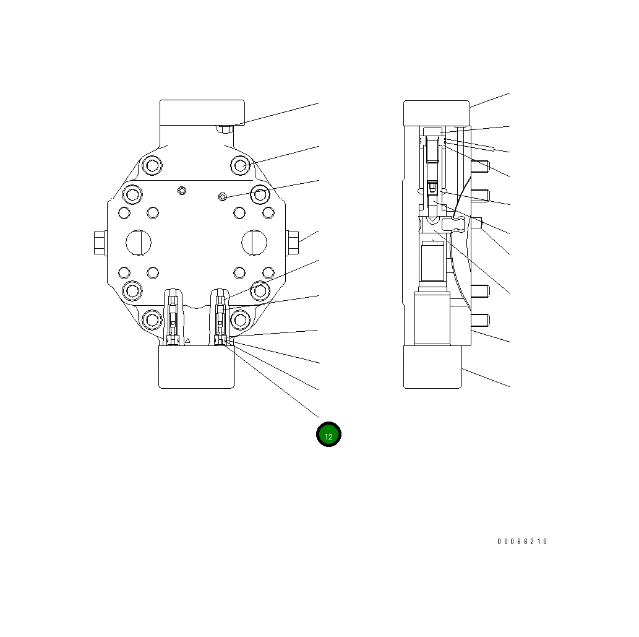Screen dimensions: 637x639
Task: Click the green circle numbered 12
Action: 328,435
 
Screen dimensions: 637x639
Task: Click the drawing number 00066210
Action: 523,542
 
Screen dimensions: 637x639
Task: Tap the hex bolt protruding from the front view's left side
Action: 99,242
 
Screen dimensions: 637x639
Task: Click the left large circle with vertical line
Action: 138,241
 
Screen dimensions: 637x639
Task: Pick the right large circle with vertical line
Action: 254,241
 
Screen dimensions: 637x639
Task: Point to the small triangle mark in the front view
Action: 187,341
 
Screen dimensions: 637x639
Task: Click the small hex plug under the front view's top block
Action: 225,129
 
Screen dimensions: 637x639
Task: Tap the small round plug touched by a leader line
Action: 223,196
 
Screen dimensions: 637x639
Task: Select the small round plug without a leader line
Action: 181,189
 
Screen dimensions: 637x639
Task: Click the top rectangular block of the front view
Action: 202,113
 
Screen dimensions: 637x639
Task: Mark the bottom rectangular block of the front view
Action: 197,366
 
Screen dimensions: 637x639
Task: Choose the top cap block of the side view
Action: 436,113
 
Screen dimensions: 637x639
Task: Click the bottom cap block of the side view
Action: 433,366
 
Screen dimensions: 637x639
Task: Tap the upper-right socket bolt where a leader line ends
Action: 241,165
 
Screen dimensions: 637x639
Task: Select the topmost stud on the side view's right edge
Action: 481,166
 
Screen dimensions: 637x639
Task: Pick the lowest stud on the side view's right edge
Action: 481,320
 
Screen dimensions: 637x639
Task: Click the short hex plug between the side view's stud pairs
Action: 477,222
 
